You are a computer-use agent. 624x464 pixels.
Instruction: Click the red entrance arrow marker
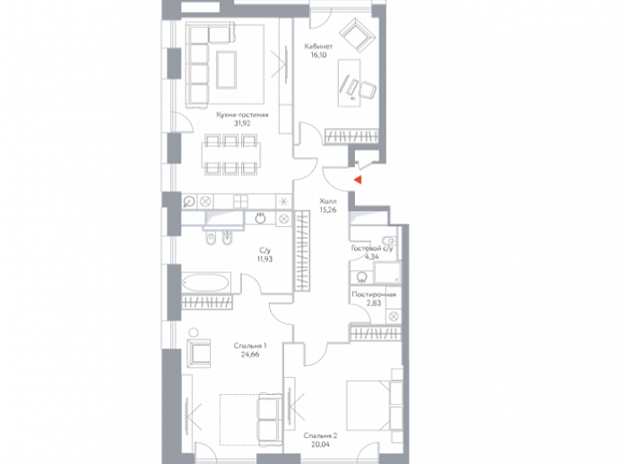coord(358,180)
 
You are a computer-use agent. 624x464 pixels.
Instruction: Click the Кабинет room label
coord(319,46)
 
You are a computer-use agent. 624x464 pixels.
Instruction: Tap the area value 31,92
coord(242,123)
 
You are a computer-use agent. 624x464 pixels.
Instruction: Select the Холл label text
coord(328,202)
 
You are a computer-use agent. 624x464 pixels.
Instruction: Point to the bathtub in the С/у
coord(206,283)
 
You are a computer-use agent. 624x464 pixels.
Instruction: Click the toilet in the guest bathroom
coord(389,240)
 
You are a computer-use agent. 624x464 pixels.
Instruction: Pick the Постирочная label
coord(374,294)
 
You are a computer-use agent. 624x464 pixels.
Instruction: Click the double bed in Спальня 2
coord(368,406)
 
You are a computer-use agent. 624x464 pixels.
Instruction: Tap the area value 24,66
coord(250,354)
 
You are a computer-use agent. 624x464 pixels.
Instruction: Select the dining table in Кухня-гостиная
coord(231,155)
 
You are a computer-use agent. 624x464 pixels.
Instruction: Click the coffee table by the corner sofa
coord(227,70)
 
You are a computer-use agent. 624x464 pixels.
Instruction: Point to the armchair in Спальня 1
coord(198,353)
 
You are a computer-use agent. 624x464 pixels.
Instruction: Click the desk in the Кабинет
coord(349,83)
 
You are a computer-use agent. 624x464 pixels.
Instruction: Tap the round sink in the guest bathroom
coord(362,278)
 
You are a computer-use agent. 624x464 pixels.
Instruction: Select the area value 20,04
coord(320,444)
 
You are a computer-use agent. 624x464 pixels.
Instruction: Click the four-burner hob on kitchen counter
coord(240,202)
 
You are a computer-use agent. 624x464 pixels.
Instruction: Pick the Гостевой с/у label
coord(372,249)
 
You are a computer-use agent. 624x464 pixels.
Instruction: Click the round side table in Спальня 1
coord(194,332)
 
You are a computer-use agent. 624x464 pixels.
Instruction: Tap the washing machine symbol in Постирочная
coord(394,316)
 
